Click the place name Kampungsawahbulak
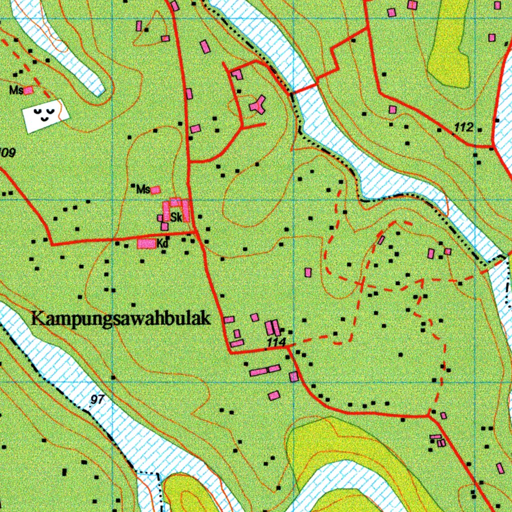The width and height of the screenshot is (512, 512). tap(120, 318)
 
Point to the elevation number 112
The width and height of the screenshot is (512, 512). tap(463, 128)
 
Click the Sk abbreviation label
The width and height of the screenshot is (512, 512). tap(175, 217)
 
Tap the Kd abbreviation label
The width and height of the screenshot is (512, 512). tap(161, 244)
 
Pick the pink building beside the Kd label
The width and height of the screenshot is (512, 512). tap(146, 243)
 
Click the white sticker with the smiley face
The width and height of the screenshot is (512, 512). tap(45, 115)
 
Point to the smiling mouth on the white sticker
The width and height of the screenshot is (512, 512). tap(45, 119)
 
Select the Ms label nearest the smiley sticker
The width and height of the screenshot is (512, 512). tap(16, 90)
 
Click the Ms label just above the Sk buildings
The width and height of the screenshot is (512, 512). tap(143, 189)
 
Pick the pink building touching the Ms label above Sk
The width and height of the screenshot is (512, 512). tap(155, 190)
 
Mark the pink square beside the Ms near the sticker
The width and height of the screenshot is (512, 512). tap(28, 90)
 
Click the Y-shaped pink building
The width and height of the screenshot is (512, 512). tap(258, 104)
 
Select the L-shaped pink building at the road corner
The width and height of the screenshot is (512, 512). tap(237, 74)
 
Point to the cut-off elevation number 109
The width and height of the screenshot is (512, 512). tap(7, 152)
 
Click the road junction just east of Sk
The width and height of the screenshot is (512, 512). tap(195, 232)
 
